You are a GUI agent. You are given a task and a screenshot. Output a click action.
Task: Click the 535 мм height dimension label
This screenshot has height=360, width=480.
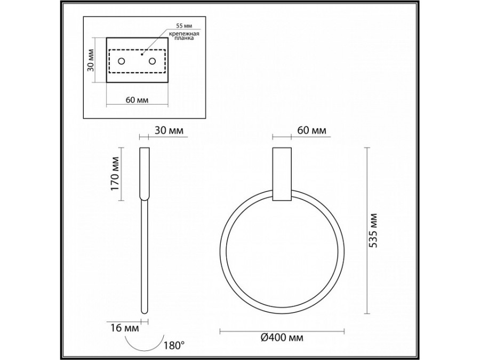pyautogui.click(x=374, y=230)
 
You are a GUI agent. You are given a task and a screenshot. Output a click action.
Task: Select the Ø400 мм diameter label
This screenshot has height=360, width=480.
pyautogui.click(x=282, y=338)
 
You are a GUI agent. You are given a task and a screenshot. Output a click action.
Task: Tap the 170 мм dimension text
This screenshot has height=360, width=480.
pyautogui.click(x=115, y=173)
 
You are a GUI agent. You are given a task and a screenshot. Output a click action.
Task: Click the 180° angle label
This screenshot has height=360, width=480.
pyautogui.click(x=174, y=346)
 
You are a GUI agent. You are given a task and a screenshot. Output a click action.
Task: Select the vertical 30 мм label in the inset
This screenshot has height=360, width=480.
pyautogui.click(x=90, y=60)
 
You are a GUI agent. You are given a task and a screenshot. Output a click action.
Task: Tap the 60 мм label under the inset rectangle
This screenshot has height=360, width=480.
pyautogui.click(x=137, y=100)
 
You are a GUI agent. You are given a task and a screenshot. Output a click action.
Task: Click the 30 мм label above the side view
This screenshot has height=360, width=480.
pyautogui.click(x=169, y=131)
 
